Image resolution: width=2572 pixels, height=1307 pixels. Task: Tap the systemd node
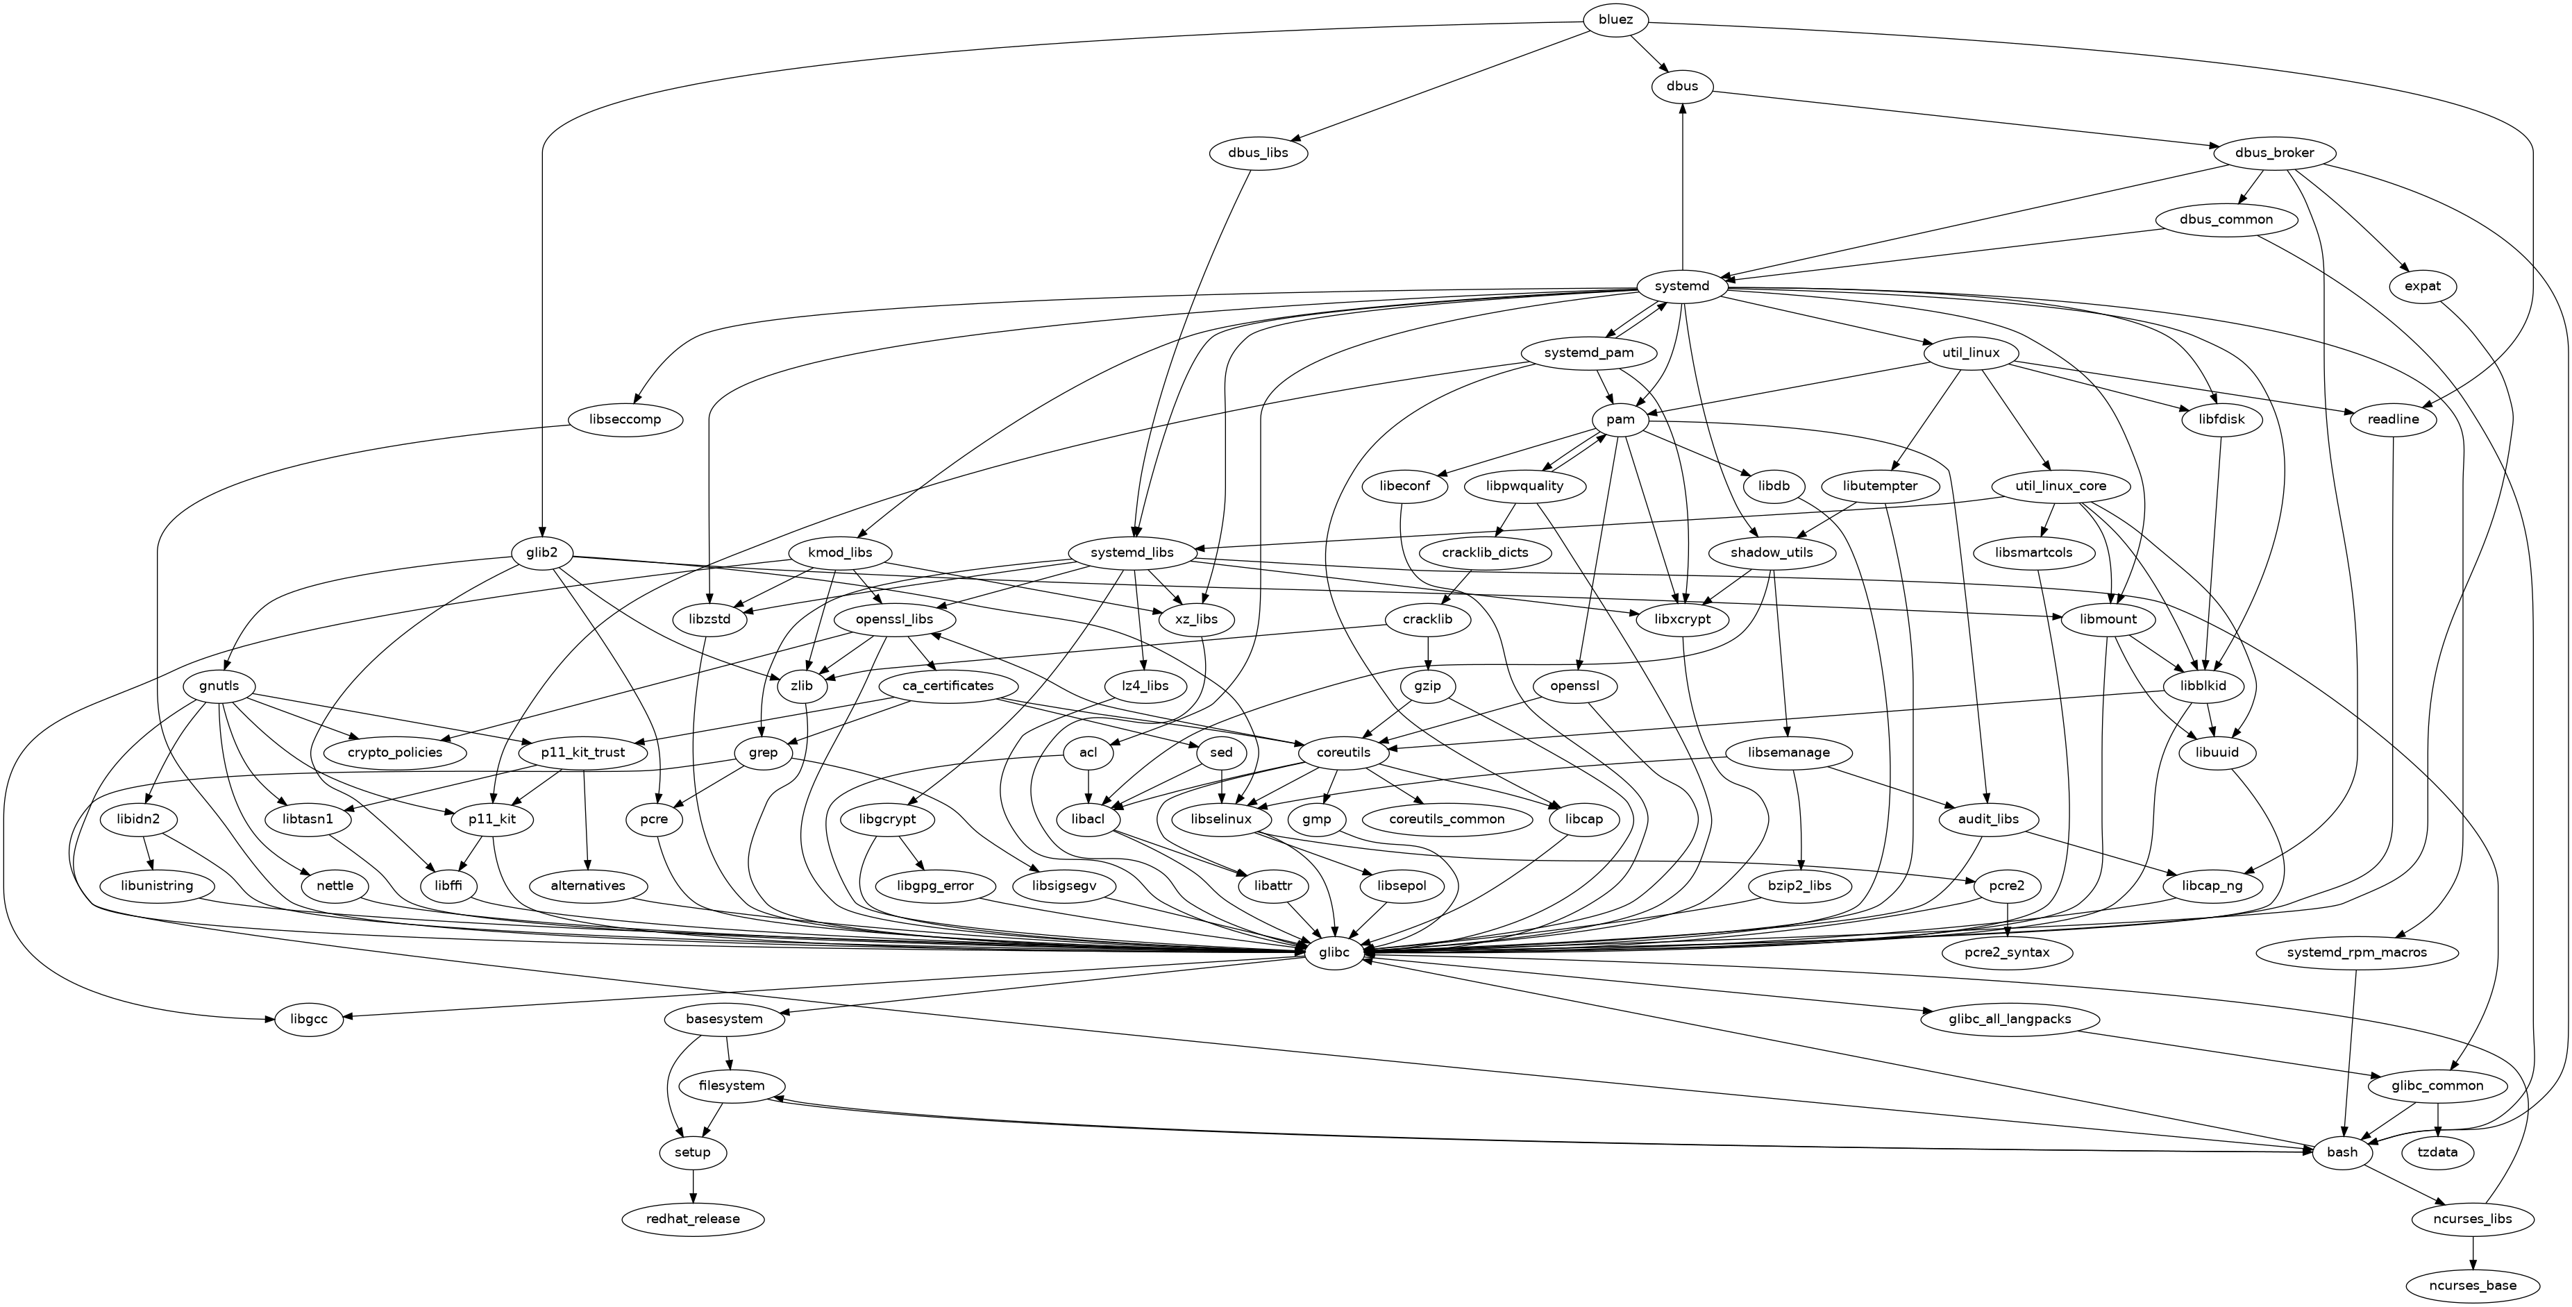pos(1682,287)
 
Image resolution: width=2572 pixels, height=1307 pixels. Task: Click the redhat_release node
pos(693,1219)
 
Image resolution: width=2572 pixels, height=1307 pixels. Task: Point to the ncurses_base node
pos(2472,1285)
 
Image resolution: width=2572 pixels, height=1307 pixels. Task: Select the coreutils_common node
pos(1447,819)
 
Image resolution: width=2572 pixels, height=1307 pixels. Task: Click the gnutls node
pos(219,686)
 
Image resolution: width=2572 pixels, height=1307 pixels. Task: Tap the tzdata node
pos(2438,1152)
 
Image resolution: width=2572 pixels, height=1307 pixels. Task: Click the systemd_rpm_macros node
pos(2355,952)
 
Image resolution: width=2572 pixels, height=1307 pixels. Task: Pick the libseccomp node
pos(625,419)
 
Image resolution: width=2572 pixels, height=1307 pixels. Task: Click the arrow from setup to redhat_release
pos(693,1186)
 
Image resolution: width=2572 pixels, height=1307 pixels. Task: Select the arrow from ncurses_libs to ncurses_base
pos(2472,1252)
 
